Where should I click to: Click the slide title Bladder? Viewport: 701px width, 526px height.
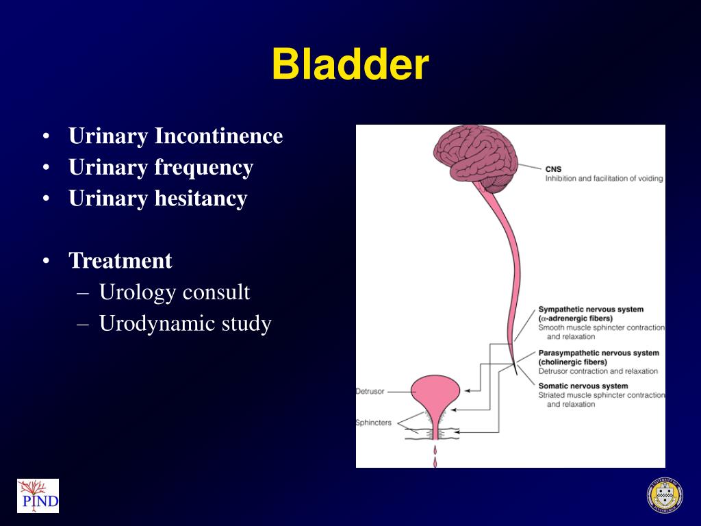350,65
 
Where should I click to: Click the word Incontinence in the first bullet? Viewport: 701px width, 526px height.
218,136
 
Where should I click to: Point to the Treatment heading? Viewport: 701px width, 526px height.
120,261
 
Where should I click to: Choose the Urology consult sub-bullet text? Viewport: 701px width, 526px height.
175,292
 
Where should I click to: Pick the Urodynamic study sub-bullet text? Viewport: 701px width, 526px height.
185,324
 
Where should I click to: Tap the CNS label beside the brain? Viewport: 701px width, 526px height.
553,168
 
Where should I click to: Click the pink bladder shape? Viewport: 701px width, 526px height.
435,394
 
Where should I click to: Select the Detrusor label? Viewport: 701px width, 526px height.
370,392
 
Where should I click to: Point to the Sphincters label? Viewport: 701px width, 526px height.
373,423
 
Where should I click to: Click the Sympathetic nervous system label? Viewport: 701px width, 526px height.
591,310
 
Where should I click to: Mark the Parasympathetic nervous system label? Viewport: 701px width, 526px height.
598,353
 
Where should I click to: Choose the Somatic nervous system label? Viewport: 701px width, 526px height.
583,386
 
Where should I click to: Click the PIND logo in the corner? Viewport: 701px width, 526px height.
38,496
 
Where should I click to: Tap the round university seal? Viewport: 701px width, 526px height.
664,495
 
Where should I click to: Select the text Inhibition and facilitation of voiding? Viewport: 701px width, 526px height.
604,179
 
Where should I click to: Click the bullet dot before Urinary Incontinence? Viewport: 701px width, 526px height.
45,137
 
